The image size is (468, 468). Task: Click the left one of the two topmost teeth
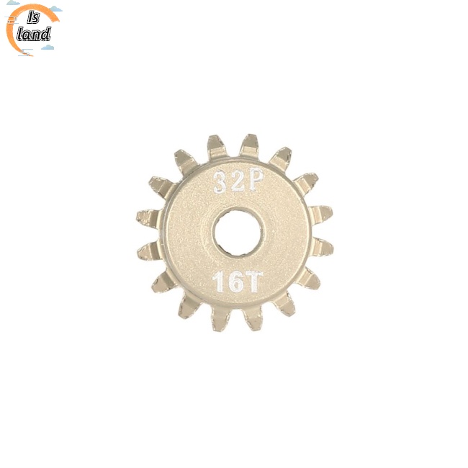tap(217, 147)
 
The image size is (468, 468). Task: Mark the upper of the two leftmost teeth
tap(149, 216)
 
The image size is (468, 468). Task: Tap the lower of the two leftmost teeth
tap(150, 250)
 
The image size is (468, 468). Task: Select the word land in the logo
tap(35, 34)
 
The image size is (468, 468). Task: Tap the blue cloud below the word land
tap(48, 47)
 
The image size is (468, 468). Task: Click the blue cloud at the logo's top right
tap(55, 10)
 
